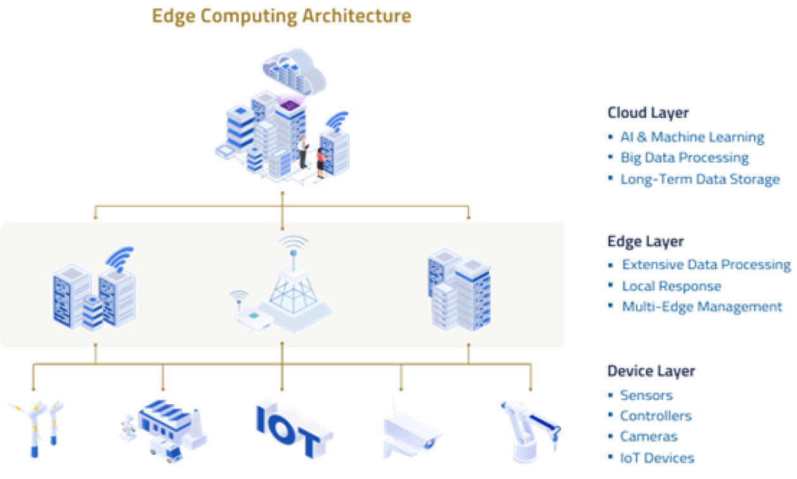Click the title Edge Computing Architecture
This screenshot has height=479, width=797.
[x=281, y=15]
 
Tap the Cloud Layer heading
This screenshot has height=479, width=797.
[x=648, y=113]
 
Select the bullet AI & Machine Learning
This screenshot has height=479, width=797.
[x=692, y=137]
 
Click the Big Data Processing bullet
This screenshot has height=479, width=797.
[x=684, y=158]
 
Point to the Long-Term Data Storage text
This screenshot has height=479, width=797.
[x=699, y=179]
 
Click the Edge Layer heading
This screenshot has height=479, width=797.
[x=645, y=241]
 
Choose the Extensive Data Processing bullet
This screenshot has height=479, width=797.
[x=706, y=265]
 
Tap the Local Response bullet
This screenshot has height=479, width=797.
[x=671, y=286]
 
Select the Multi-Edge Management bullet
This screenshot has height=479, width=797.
[x=701, y=307]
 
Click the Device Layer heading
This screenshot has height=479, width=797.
[x=651, y=371]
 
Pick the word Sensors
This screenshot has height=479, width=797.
[x=646, y=395]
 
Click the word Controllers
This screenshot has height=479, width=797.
[x=655, y=416]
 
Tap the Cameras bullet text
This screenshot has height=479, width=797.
[x=649, y=437]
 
